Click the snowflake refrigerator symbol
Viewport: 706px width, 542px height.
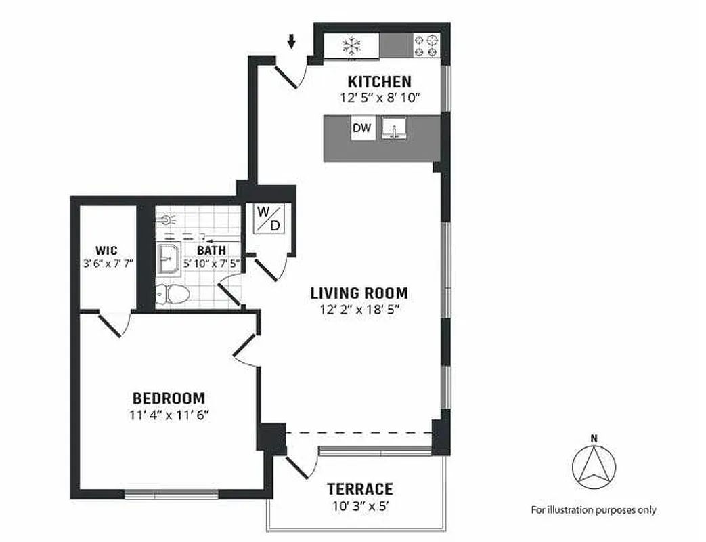351,45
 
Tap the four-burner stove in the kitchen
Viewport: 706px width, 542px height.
426,45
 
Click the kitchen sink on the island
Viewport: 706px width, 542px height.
393,129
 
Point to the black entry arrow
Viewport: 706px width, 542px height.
292,42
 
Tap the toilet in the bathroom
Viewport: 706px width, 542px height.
173,294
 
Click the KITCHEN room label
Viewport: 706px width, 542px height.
379,82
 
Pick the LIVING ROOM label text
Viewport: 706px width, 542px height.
359,293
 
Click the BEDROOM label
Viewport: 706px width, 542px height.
169,398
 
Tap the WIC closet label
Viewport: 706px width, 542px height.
106,251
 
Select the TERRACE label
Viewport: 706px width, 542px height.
359,489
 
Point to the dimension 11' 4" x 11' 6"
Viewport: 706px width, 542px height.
169,415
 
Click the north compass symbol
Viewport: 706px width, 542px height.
594,466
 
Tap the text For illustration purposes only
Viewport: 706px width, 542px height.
593,510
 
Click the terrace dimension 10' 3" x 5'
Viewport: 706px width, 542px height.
359,505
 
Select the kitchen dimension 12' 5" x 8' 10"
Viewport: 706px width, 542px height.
380,98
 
